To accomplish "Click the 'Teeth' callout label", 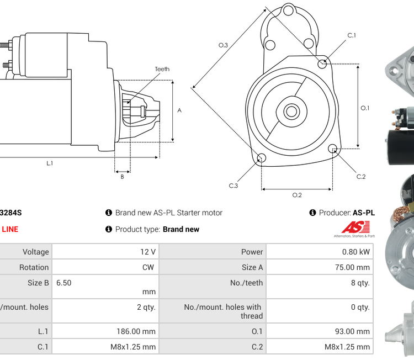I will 162,69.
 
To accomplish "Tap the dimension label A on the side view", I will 179,110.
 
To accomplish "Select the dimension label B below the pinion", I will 122,177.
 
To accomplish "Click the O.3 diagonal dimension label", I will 223,45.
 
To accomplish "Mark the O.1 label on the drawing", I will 365,108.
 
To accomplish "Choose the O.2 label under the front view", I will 297,194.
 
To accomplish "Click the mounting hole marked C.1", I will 323,64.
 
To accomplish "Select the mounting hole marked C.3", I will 262,159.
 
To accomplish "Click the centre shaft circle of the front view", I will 291,112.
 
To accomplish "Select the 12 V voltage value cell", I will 147,252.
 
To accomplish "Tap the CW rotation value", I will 149,267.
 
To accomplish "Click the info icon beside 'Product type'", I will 109,229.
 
